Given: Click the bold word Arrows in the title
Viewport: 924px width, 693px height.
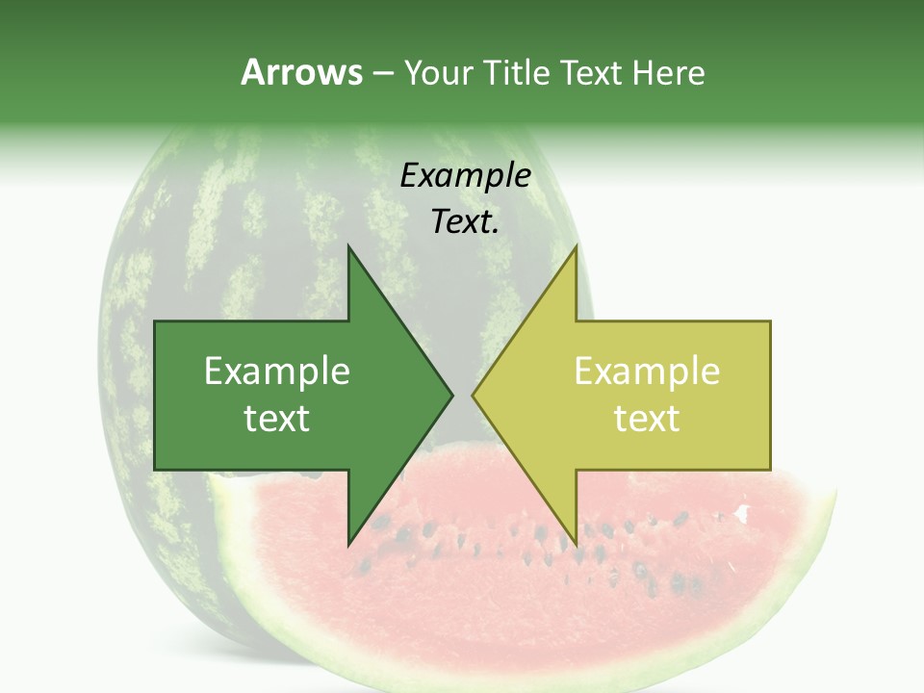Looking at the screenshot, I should click(301, 72).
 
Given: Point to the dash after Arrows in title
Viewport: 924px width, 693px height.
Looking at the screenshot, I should click(382, 73).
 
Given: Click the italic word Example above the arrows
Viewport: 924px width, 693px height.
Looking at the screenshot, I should click(465, 176).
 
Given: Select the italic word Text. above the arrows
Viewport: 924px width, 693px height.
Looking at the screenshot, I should click(465, 222).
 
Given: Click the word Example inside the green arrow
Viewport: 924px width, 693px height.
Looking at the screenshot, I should click(277, 372).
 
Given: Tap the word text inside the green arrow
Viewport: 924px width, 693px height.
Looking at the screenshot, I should click(277, 419).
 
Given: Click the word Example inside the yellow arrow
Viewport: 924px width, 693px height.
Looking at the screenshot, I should click(647, 372).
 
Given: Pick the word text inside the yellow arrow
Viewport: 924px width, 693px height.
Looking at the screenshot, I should click(647, 419).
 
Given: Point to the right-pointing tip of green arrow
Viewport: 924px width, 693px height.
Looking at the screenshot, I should click(451, 395).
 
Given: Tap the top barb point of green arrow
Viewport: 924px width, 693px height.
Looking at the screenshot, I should click(349, 247).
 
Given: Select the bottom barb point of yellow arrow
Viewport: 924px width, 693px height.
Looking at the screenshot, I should click(576, 544).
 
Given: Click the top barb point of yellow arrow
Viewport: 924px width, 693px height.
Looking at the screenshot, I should click(576, 247).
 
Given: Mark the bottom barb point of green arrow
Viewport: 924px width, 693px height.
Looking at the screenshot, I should click(349, 544).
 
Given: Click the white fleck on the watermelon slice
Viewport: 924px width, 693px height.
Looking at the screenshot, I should click(741, 513).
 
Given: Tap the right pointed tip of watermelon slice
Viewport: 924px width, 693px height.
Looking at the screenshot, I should click(834, 493).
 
